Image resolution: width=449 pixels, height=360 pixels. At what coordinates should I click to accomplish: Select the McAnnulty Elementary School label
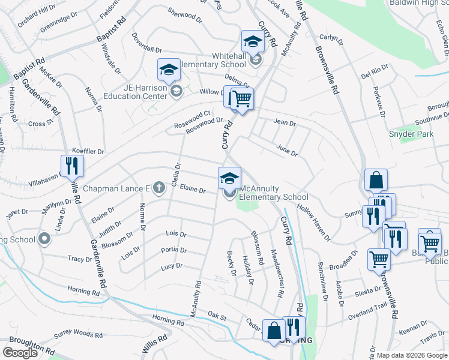274,193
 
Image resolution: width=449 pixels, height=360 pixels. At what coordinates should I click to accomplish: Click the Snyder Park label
411,134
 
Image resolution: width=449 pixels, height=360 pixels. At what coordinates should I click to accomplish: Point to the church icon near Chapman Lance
158,188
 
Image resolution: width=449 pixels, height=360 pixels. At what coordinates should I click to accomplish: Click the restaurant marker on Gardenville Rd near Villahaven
71,166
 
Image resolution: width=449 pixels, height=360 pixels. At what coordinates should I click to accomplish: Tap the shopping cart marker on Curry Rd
242,98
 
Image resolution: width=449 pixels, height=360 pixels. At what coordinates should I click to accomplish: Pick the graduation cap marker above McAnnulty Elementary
229,178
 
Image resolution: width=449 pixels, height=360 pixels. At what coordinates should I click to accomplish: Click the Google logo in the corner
20,353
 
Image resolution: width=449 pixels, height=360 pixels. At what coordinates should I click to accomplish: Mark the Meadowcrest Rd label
276,274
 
